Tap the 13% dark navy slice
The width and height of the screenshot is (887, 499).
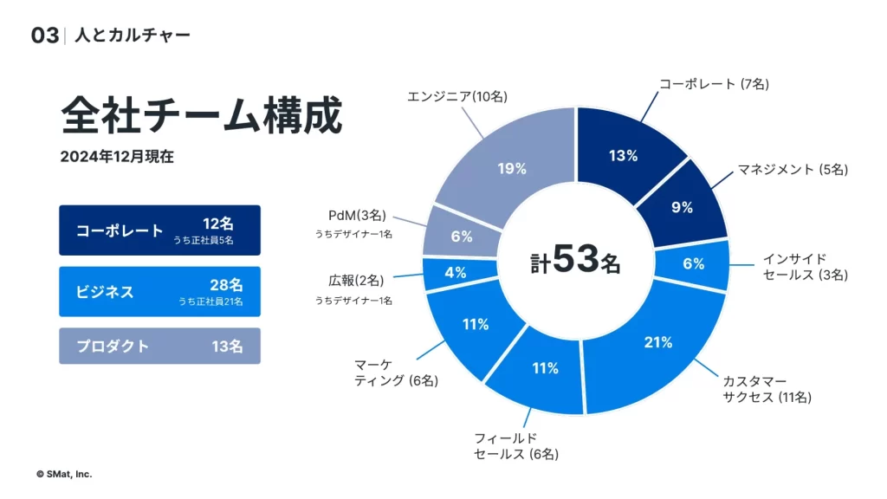click(x=624, y=158)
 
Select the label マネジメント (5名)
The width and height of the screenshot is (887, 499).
click(x=792, y=169)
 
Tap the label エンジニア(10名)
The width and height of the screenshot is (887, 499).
click(x=457, y=96)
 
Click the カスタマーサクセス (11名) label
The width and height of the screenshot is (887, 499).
click(x=767, y=389)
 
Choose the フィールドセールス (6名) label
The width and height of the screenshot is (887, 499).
click(x=515, y=446)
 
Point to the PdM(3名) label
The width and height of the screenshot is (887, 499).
click(x=358, y=216)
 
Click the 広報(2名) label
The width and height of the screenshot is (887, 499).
click(x=356, y=281)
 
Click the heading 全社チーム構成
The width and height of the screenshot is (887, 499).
click(x=202, y=115)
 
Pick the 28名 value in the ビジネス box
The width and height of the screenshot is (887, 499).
click(x=226, y=285)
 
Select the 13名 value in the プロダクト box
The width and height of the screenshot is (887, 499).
click(x=227, y=347)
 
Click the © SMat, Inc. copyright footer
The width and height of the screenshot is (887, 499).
click(x=64, y=474)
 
